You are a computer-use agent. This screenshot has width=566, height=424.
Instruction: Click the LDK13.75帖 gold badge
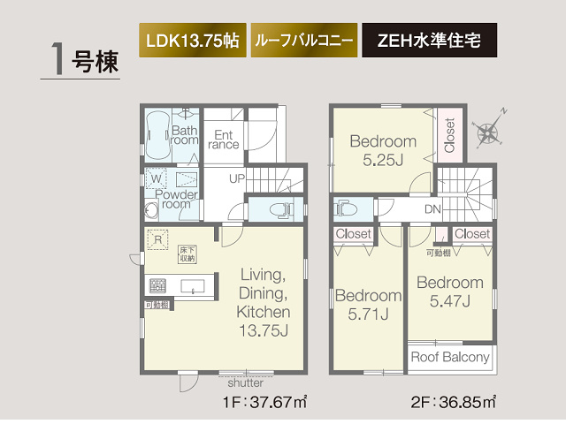(x=191, y=42)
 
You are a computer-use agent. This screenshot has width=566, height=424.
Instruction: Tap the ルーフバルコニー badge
(x=304, y=42)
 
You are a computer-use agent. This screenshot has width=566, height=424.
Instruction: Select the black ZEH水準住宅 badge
(x=428, y=42)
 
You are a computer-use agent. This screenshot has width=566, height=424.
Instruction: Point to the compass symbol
(x=487, y=133)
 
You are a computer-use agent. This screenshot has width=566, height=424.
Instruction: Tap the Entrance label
(x=224, y=140)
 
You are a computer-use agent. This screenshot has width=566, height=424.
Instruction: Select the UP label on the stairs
(x=236, y=178)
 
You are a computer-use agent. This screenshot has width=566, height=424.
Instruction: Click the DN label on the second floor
(x=433, y=210)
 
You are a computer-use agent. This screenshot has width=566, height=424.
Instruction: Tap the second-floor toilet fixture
(x=345, y=210)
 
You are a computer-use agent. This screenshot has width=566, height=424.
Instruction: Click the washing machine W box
(x=157, y=178)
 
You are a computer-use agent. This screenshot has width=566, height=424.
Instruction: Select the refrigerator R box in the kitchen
(x=157, y=238)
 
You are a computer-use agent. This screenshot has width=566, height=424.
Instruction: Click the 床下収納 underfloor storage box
(x=187, y=254)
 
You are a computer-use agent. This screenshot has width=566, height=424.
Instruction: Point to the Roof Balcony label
(x=451, y=357)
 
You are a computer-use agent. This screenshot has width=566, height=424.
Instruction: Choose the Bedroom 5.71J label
(x=367, y=304)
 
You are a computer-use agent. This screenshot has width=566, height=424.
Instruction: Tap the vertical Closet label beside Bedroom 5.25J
(x=449, y=136)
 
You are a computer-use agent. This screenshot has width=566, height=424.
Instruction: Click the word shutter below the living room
(x=245, y=382)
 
